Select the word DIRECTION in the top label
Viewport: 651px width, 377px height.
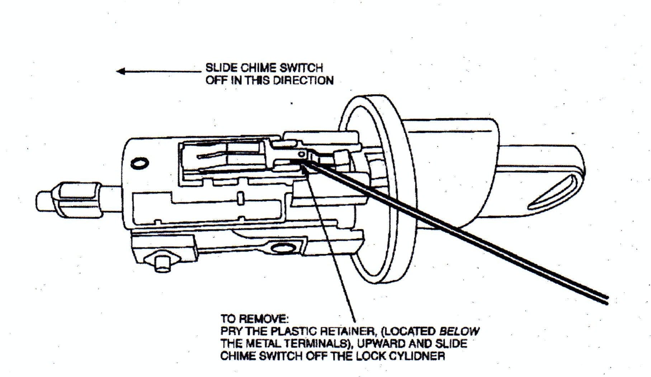point(303,80)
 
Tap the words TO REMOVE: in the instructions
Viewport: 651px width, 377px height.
point(254,318)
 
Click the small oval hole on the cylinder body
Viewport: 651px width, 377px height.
point(139,163)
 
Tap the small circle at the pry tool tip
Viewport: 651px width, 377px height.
point(302,154)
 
